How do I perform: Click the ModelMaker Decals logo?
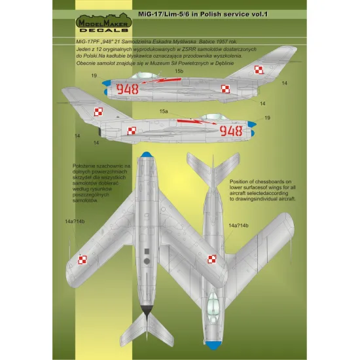[104, 23]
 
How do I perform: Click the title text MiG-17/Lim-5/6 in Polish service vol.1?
[203, 14]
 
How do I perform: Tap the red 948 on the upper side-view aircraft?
[128, 89]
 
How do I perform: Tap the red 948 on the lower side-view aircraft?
[231, 131]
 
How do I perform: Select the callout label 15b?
[179, 71]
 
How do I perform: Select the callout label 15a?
[164, 111]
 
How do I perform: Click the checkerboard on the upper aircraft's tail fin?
[259, 70]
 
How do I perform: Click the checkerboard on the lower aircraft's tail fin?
[99, 112]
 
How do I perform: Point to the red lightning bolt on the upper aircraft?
[162, 81]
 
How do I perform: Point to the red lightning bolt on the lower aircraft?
[196, 122]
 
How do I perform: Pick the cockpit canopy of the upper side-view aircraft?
[145, 75]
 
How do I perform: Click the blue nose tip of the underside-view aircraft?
[145, 154]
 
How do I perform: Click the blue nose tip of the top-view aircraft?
[213, 345]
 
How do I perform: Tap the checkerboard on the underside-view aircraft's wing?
[82, 260]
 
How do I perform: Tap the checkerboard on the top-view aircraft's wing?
[212, 259]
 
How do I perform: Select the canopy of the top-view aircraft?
[213, 308]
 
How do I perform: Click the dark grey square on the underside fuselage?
[147, 251]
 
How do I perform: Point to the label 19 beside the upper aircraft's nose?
[94, 75]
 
